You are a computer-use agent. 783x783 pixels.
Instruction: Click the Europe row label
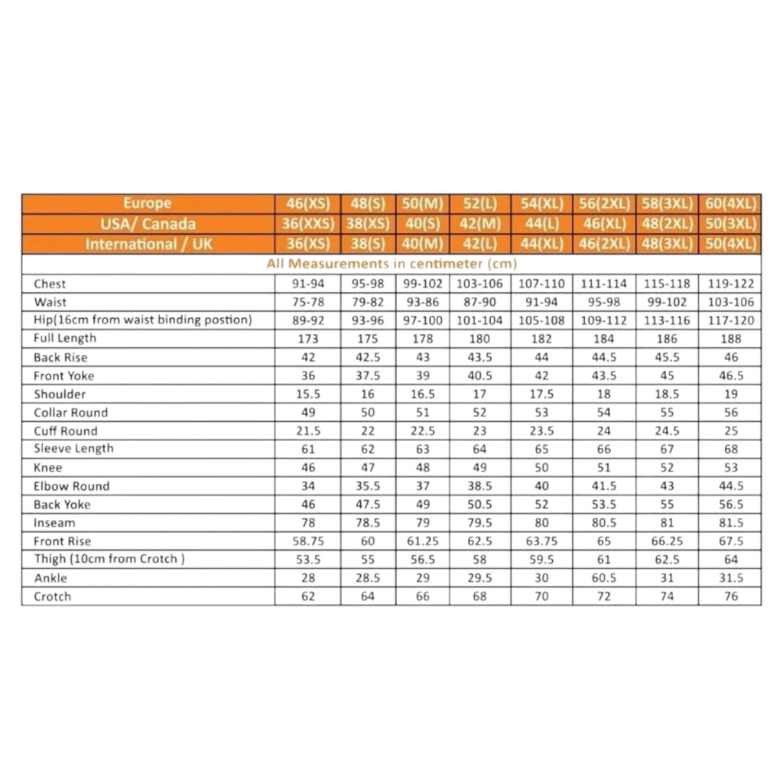(x=148, y=204)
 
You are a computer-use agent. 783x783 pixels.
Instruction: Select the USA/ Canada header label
(x=148, y=224)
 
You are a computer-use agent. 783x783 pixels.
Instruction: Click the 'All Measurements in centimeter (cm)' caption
(x=391, y=264)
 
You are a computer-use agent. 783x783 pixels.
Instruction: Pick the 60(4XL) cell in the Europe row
(x=730, y=204)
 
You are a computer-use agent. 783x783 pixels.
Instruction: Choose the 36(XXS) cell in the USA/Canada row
(x=307, y=224)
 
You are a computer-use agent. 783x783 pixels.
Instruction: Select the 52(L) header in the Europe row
(x=479, y=204)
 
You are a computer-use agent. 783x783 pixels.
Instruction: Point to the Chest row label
(x=50, y=284)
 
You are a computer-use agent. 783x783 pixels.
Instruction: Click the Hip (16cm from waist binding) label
(x=142, y=320)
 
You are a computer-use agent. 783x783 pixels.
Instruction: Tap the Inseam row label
(x=54, y=523)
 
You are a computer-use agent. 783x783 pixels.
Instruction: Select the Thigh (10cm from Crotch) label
(x=109, y=559)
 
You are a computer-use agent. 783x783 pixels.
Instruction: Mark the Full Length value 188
(x=730, y=339)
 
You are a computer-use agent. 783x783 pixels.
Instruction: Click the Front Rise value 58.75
(x=307, y=541)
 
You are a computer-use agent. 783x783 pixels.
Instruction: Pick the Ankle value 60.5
(x=604, y=578)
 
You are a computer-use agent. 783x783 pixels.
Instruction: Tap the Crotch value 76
(x=730, y=596)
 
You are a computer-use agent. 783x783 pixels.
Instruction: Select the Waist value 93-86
(x=422, y=302)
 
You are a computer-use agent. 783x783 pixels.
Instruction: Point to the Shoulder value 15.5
(x=307, y=395)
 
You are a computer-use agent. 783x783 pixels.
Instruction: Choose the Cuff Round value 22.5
(x=422, y=431)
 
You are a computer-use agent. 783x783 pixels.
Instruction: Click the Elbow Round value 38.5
(x=479, y=486)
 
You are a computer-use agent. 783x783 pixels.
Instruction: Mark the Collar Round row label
(x=70, y=413)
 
